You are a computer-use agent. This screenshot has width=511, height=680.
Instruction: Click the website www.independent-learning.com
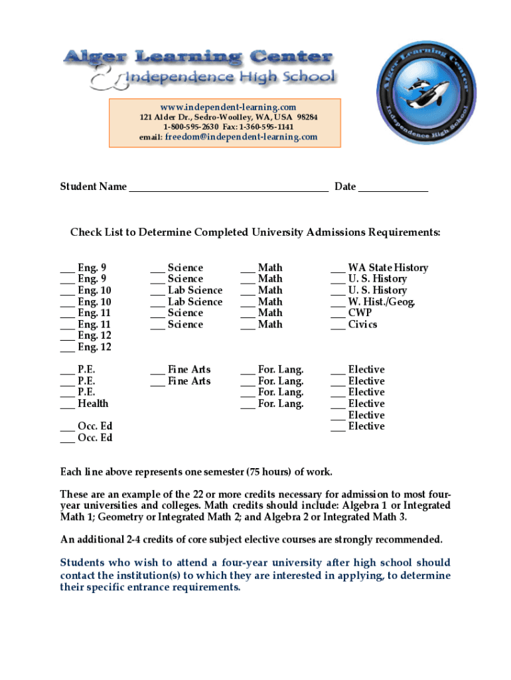click(x=228, y=107)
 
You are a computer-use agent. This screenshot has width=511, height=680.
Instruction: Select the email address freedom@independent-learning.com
click(x=242, y=137)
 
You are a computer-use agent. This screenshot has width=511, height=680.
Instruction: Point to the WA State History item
click(x=388, y=268)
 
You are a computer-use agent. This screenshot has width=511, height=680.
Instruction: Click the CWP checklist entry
click(x=360, y=313)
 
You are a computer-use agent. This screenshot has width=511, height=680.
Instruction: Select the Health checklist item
click(x=93, y=404)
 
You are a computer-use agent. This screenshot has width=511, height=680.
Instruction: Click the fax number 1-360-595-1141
click(x=267, y=127)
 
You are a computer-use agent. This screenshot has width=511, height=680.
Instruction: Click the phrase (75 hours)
click(x=268, y=472)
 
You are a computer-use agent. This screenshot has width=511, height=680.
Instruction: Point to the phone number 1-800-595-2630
click(x=191, y=127)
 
